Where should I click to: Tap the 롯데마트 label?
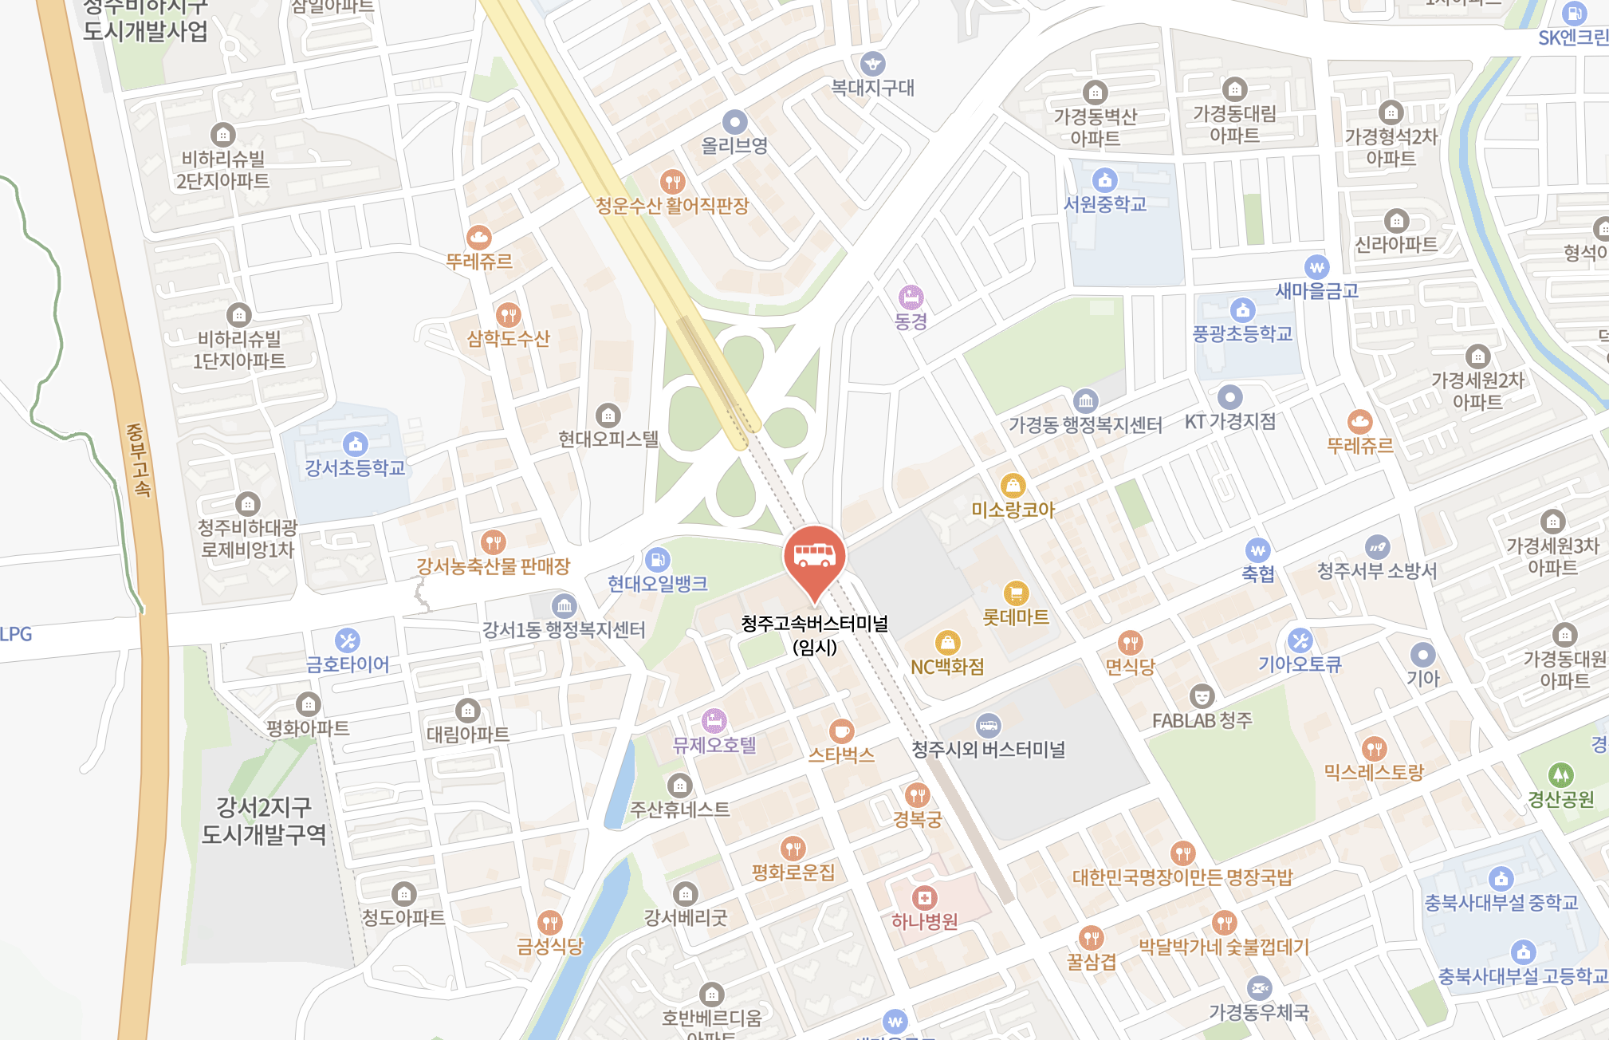[1016, 617]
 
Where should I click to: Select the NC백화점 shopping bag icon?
[947, 642]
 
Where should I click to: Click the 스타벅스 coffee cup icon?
[841, 730]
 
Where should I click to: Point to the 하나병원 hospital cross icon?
[924, 897]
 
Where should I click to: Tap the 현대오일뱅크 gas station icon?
[658, 559]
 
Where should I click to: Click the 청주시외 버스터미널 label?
[989, 750]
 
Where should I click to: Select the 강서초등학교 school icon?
[355, 443]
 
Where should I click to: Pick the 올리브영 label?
[734, 146]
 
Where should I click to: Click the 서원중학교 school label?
[1105, 205]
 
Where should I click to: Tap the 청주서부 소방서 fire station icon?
[1377, 546]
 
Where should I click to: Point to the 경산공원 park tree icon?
[1560, 774]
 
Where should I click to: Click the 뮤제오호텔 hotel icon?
[714, 721]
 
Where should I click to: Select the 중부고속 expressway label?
[138, 460]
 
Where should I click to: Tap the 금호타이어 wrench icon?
[347, 640]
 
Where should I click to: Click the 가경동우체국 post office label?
[1259, 1013]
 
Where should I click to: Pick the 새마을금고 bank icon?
[1316, 267]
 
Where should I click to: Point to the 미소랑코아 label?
[1013, 510]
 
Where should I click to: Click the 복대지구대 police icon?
[872, 63]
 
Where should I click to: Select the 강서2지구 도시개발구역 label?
[264, 821]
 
